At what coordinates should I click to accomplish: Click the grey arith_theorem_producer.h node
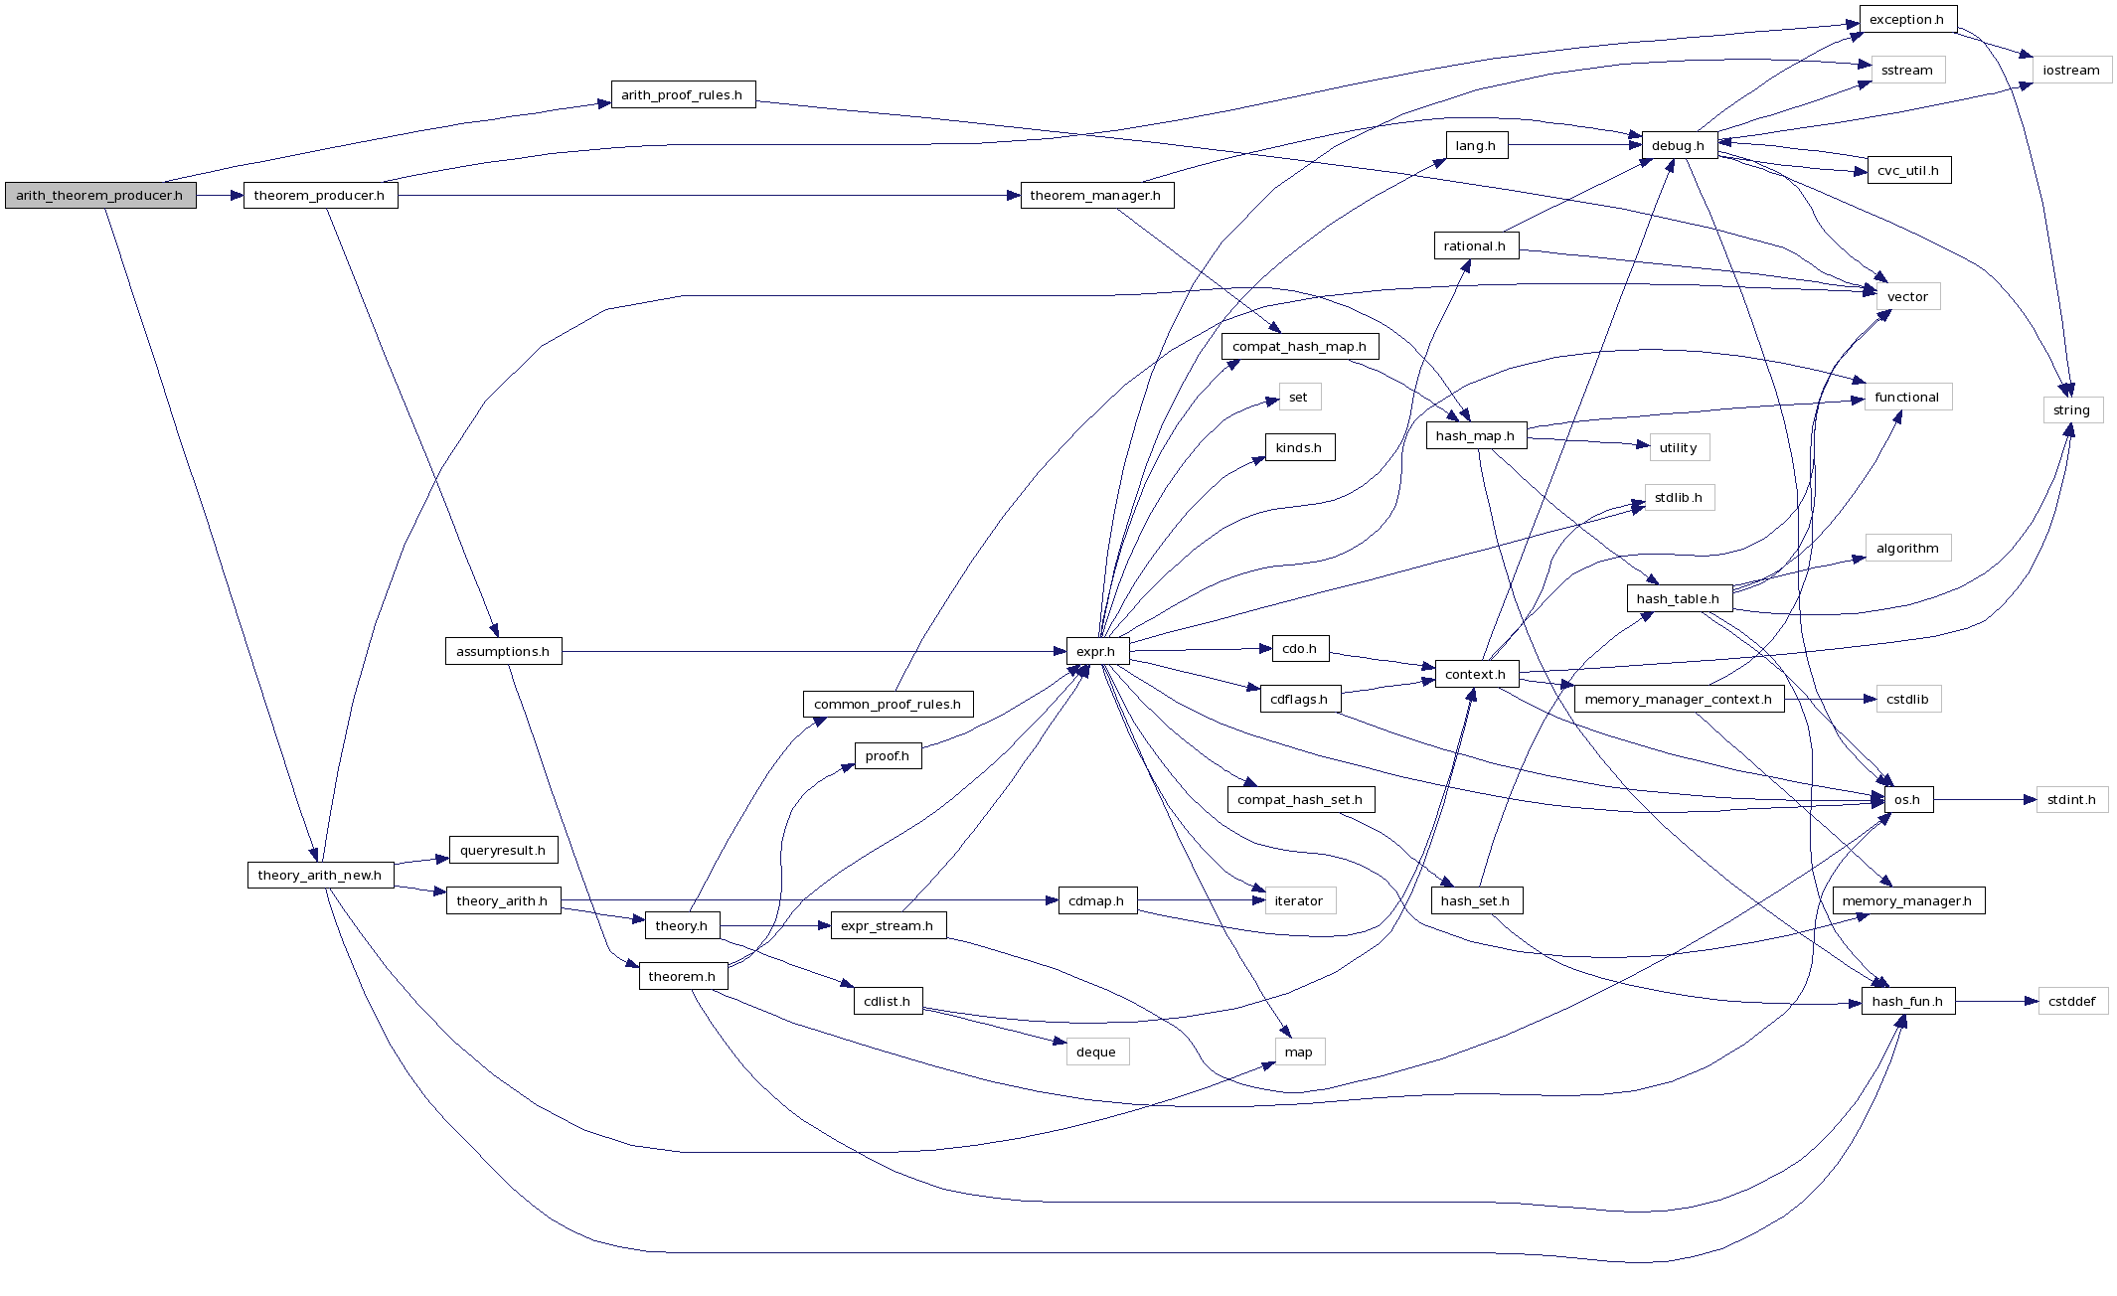[x=100, y=196]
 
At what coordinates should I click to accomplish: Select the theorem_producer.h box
[x=320, y=196]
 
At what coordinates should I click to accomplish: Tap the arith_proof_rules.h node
[x=683, y=95]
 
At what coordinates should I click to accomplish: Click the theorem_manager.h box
[x=1096, y=196]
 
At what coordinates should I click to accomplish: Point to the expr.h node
[x=1096, y=652]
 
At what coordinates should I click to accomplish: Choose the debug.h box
[x=1679, y=146]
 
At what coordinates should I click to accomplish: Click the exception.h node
[x=1907, y=20]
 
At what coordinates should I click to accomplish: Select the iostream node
[x=2071, y=71]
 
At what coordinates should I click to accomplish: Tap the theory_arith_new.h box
[x=320, y=876]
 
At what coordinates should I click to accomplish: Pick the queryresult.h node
[x=503, y=851]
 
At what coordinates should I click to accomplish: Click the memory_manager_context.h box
[x=1679, y=700]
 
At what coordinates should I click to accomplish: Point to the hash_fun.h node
[x=1907, y=1002]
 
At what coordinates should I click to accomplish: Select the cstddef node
[x=2072, y=1002]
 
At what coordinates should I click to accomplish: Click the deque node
[x=1096, y=1053]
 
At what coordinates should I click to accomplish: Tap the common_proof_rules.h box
[x=888, y=705]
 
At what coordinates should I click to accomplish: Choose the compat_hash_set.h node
[x=1300, y=800]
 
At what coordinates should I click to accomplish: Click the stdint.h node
[x=2071, y=800]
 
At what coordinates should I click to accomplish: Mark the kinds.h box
[x=1299, y=448]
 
